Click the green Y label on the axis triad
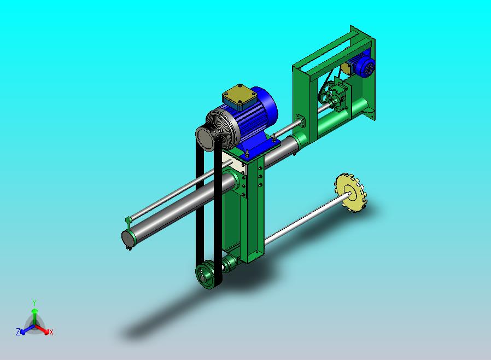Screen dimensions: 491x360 tap(34, 303)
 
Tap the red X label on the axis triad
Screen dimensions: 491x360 tap(51, 332)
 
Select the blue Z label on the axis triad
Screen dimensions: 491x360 tap(18, 332)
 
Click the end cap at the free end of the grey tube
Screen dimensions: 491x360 tap(126, 240)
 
